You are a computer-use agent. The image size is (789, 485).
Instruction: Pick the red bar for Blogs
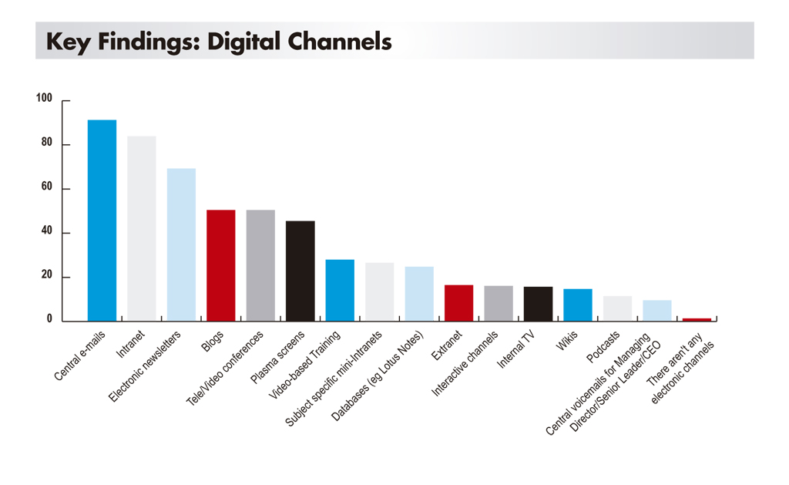click(221, 265)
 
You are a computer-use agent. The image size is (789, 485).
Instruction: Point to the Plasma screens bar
click(300, 271)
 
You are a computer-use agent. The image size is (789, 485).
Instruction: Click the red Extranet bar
click(459, 303)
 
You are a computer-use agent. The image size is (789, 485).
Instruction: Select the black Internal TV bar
click(538, 304)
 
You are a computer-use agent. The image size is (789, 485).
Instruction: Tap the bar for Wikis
click(578, 305)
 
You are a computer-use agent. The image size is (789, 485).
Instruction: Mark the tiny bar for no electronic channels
click(697, 319)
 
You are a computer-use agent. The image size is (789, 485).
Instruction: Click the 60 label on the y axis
click(47, 187)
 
